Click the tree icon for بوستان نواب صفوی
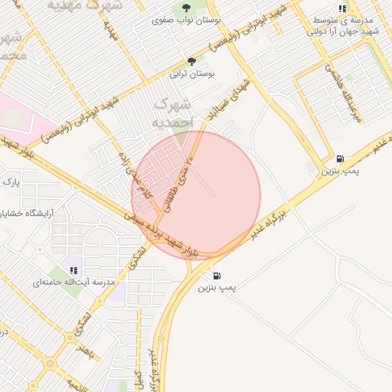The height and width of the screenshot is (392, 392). click(x=185, y=9)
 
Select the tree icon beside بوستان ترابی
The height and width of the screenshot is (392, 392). click(x=191, y=61)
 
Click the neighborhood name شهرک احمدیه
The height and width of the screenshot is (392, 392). click(x=171, y=112)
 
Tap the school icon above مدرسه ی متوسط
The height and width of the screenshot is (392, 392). click(x=341, y=9)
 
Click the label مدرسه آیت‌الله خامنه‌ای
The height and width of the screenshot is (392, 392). click(x=73, y=283)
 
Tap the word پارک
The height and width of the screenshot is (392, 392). click(x=10, y=182)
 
